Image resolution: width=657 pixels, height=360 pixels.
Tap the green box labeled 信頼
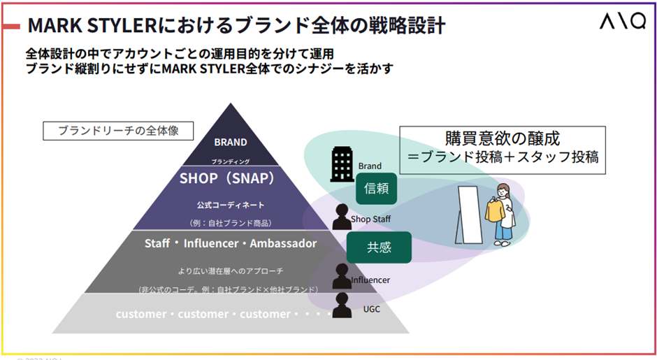pyautogui.click(x=377, y=188)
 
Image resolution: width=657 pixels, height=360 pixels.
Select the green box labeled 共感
pyautogui.click(x=379, y=247)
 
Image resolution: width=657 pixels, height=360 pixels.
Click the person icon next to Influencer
pyautogui.click(x=342, y=277)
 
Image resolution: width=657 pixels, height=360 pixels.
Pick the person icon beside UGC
pyautogui.click(x=342, y=305)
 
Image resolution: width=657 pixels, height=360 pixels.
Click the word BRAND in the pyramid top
pyautogui.click(x=231, y=142)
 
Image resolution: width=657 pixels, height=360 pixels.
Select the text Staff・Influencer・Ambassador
pyautogui.click(x=231, y=244)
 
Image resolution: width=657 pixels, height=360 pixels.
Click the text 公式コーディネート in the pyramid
pyautogui.click(x=230, y=206)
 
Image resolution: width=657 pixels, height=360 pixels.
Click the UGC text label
pyautogui.click(x=372, y=308)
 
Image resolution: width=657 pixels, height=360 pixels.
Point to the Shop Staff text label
pyautogui.click(x=371, y=219)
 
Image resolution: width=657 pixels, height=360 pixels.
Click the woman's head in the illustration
pyautogui.click(x=503, y=189)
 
